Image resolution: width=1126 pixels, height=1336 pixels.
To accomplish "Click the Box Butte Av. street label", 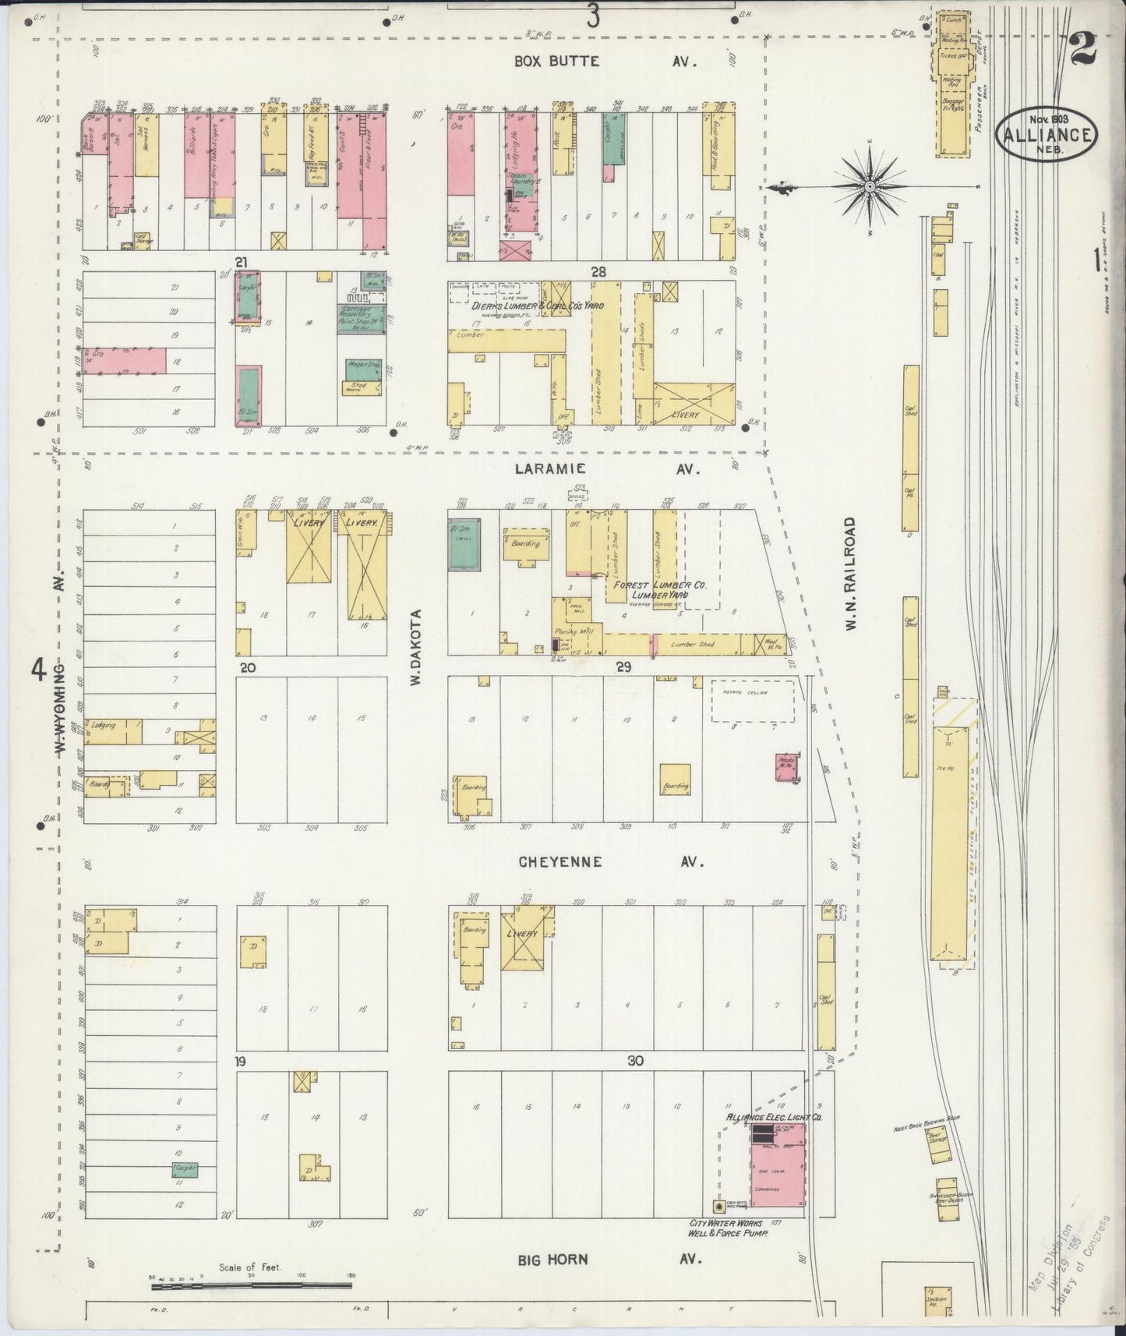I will pyautogui.click(x=592, y=62).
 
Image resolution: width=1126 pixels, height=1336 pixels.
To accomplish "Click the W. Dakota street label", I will pyautogui.click(x=416, y=647).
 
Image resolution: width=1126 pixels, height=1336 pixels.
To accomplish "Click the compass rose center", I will pyautogui.click(x=869, y=187).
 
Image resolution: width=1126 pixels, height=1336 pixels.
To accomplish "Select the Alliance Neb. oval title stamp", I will pyautogui.click(x=1048, y=132).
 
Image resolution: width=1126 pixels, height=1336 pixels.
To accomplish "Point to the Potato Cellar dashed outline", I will pyautogui.click(x=752, y=699).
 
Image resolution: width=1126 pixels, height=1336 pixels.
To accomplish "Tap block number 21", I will pyautogui.click(x=242, y=263).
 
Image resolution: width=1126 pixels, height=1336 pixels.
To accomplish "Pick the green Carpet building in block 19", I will pyautogui.click(x=185, y=1168).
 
